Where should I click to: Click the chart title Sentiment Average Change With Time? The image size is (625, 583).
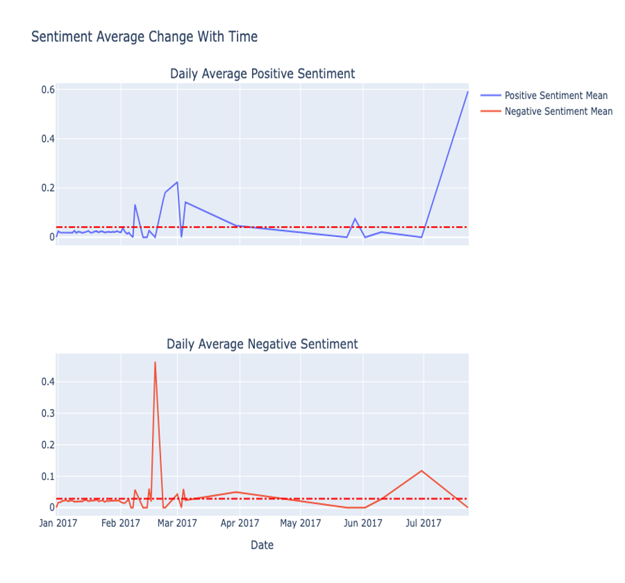144,37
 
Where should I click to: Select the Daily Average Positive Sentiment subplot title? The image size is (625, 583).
262,74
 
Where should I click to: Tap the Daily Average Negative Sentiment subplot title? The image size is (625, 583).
262,344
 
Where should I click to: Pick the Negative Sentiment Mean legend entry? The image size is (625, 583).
558,112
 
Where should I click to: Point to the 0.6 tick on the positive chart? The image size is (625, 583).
46,90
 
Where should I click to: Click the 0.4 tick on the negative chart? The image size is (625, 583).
46,382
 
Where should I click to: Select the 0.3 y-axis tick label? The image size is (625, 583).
46,413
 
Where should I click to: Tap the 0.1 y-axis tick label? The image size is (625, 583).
46,476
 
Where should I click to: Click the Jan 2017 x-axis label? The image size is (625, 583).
58,523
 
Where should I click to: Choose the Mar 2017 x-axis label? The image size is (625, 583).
177,523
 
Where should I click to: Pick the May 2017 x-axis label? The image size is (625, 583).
301,523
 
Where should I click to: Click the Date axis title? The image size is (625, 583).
262,545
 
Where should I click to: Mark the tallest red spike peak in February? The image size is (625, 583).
155,363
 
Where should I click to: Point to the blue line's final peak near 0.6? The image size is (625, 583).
468,92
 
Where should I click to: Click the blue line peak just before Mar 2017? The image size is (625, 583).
176,182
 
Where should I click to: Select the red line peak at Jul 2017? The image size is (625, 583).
421,471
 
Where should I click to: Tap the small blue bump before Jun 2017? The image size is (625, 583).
355,218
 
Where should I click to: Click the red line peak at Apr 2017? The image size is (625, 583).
236,492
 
